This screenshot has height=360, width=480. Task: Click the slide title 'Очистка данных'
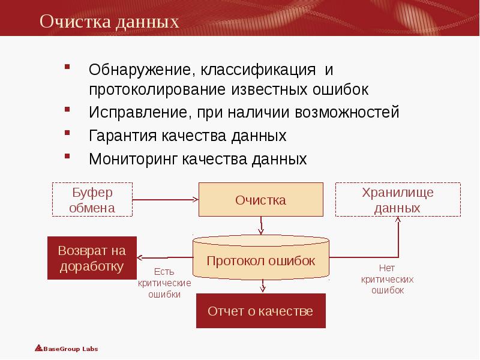[x=110, y=22]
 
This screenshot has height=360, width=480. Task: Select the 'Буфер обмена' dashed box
[x=92, y=200]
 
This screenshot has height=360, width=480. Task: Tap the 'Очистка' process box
[x=260, y=200]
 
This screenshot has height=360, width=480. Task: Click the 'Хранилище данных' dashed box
[x=397, y=200]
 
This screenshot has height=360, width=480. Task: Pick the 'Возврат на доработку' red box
[x=92, y=258]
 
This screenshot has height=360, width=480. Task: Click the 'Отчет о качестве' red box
[x=260, y=311]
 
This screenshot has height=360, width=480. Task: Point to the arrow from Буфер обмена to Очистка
[x=165, y=200]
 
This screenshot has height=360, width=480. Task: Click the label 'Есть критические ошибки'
[x=164, y=283]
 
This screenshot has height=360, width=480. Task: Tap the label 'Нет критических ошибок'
[x=387, y=280]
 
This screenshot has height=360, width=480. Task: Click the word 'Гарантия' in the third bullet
[x=123, y=136]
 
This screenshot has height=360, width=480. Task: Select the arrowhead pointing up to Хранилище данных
[x=397, y=221]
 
